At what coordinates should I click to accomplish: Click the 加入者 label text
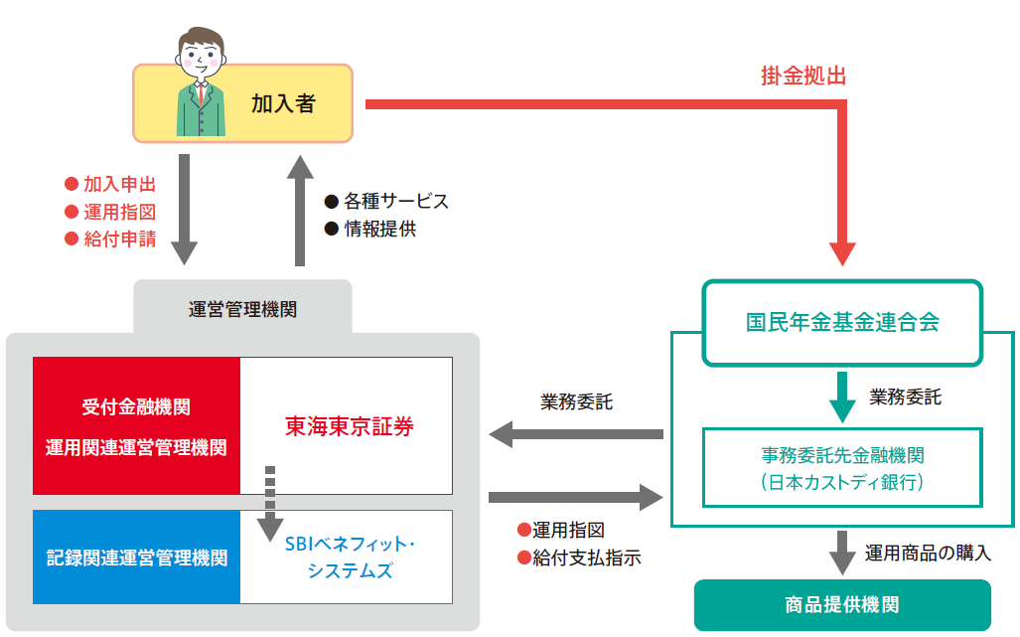coord(283,103)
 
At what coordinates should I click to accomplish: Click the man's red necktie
coord(201,93)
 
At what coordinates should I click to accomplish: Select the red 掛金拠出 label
coord(803,77)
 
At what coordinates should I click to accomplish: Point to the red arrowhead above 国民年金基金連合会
coord(842,254)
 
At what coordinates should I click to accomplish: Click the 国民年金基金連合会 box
coord(842,323)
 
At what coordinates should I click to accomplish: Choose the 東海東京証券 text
coord(350,427)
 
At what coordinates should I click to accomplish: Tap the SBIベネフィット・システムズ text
coord(350,557)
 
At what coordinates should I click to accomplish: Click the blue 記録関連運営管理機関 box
coord(137,557)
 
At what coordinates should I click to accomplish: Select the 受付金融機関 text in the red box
coord(136,407)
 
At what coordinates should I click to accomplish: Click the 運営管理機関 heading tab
coord(242,309)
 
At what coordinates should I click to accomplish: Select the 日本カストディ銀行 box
coord(842,468)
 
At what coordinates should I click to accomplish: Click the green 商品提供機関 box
coord(842,605)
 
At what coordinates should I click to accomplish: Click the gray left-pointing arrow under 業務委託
coord(576,434)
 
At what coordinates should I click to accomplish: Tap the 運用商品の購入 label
coord(928,554)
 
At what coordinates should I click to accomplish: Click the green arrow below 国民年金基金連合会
coord(842,398)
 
